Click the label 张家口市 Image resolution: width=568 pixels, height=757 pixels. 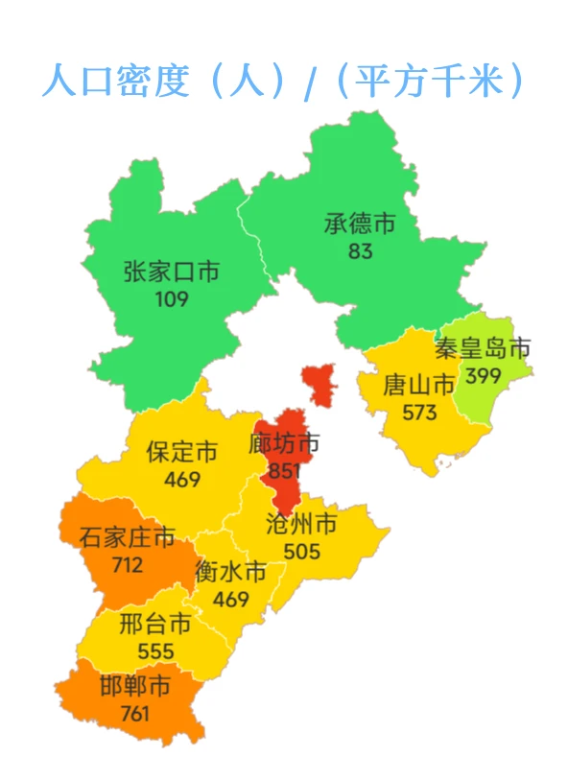[x=172, y=272]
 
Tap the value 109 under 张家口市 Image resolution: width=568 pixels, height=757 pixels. [x=172, y=299]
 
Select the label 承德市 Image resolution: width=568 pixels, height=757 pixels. [x=360, y=225]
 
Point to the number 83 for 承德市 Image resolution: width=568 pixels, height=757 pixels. [x=361, y=252]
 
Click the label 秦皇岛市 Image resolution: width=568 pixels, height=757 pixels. [x=483, y=348]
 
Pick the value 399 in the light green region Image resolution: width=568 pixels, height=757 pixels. [x=483, y=376]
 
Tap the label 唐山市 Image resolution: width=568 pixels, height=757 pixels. [x=419, y=386]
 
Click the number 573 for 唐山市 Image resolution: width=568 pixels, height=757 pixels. [x=419, y=414]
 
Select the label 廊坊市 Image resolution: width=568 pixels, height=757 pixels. [x=284, y=444]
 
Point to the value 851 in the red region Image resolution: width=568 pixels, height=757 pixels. [x=284, y=471]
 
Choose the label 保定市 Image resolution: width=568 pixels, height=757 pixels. [x=182, y=451]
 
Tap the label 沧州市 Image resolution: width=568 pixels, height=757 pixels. [x=301, y=524]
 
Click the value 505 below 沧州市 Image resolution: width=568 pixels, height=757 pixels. [x=301, y=552]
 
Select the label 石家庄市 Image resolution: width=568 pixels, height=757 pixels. [x=128, y=537]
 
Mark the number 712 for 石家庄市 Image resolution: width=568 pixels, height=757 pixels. [x=127, y=565]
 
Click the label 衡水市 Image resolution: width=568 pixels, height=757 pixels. [x=230, y=572]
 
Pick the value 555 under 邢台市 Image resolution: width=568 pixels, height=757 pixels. [x=155, y=652]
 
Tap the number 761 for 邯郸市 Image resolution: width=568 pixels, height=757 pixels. [x=135, y=714]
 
